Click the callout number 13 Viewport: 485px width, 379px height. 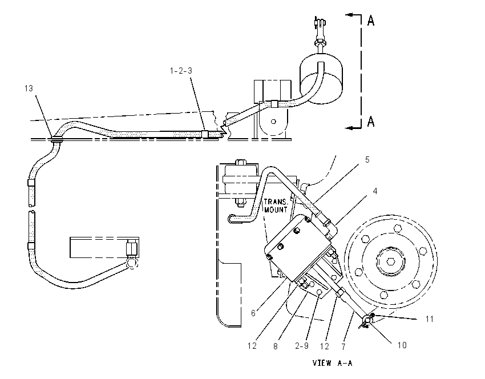(x=29, y=88)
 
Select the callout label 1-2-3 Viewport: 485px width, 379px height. (x=181, y=71)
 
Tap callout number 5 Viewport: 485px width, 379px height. (x=367, y=160)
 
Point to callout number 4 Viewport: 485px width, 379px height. (x=375, y=191)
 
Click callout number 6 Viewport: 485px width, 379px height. (x=253, y=313)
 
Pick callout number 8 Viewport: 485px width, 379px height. (x=275, y=346)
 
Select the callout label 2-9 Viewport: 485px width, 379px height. (x=302, y=345)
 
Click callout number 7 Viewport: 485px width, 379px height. (x=343, y=347)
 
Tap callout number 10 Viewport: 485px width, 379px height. (x=402, y=345)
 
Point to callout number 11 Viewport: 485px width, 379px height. (x=430, y=319)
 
